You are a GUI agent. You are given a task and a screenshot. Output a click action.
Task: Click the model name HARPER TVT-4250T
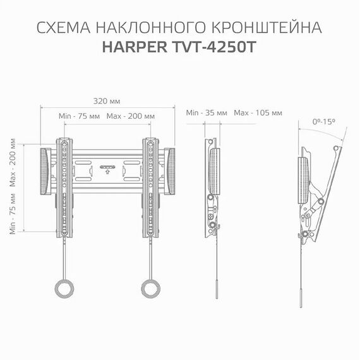pyautogui.click(x=179, y=47)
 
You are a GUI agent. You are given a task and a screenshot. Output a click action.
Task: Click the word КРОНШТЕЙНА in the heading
pyautogui.click(x=267, y=28)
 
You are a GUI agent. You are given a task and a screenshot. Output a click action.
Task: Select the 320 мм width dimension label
pyautogui.click(x=107, y=101)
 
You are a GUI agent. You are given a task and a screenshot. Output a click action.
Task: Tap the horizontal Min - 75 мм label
pyautogui.click(x=79, y=116)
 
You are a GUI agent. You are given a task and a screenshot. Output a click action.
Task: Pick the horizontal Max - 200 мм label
pyautogui.click(x=130, y=116)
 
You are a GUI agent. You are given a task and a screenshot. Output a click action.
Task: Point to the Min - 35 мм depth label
pyautogui.click(x=207, y=112)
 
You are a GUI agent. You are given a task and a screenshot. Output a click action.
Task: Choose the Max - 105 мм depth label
pyautogui.click(x=258, y=112)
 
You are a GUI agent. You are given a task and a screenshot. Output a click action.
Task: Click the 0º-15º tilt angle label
pyautogui.click(x=324, y=121)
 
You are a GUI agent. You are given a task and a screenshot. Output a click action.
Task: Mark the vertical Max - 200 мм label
pyautogui.click(x=13, y=162)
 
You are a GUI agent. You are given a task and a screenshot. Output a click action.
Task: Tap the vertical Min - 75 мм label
pyautogui.click(x=13, y=213)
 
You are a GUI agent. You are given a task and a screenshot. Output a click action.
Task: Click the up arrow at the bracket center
pyautogui.click(x=107, y=172)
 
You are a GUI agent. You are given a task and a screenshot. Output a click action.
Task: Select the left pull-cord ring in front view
pyautogui.click(x=64, y=289)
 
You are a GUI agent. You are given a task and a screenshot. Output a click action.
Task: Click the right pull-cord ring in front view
pyautogui.click(x=150, y=289)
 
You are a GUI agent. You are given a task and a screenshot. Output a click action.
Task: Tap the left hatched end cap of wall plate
pyautogui.click(x=45, y=171)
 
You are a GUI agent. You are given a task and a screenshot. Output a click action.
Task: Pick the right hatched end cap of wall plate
pyautogui.click(x=171, y=171)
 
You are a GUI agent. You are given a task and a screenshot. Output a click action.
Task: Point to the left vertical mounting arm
pyautogui.click(x=64, y=188)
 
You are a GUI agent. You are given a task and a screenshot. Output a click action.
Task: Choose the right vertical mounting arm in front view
pyautogui.click(x=150, y=188)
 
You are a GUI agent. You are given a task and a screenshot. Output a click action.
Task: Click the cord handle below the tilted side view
pyautogui.click(x=301, y=299)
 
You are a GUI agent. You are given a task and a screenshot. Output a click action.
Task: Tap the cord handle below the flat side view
pyautogui.click(x=217, y=290)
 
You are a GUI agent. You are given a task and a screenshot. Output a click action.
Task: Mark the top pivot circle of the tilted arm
pyautogui.click(x=336, y=148)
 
